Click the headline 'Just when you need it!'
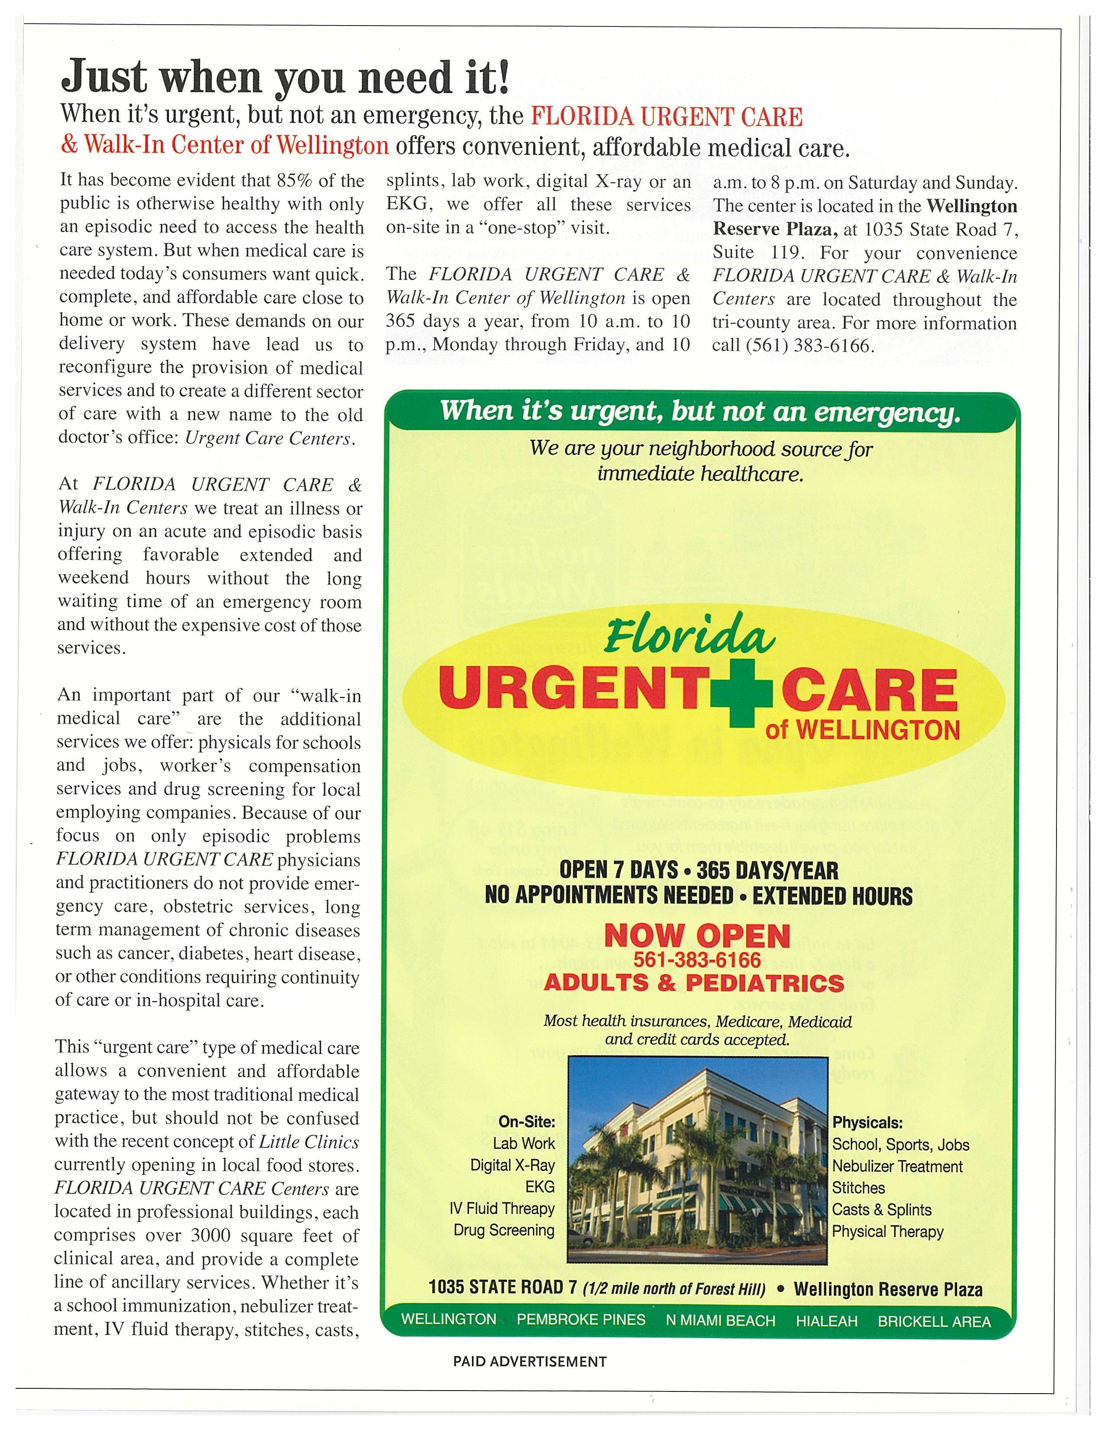tap(285, 77)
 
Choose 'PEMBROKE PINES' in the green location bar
tap(581, 1319)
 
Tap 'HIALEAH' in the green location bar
tap(826, 1321)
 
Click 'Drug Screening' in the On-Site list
tap(504, 1230)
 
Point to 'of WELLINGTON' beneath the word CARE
tap(863, 729)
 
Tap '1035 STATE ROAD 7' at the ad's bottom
tap(502, 1287)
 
